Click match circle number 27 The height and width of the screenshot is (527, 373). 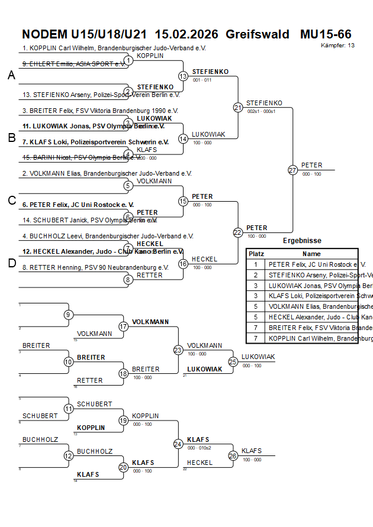[x=292, y=170]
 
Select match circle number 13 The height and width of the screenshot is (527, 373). [x=183, y=76]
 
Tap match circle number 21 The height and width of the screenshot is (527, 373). [x=238, y=108]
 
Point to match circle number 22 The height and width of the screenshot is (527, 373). [x=238, y=232]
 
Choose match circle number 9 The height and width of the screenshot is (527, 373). [x=69, y=315]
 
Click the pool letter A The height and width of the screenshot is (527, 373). [x=11, y=75]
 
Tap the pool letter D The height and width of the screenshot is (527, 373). [x=11, y=263]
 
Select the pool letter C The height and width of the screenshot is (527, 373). [x=11, y=201]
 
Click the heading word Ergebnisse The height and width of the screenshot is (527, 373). [x=302, y=241]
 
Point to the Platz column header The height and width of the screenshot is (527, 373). [x=256, y=253]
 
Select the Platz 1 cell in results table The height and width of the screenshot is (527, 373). [x=256, y=265]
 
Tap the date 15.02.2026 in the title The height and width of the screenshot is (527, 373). [x=186, y=34]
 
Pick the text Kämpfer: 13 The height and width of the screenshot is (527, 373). [x=337, y=45]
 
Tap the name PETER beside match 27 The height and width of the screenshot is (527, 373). [x=312, y=165]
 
